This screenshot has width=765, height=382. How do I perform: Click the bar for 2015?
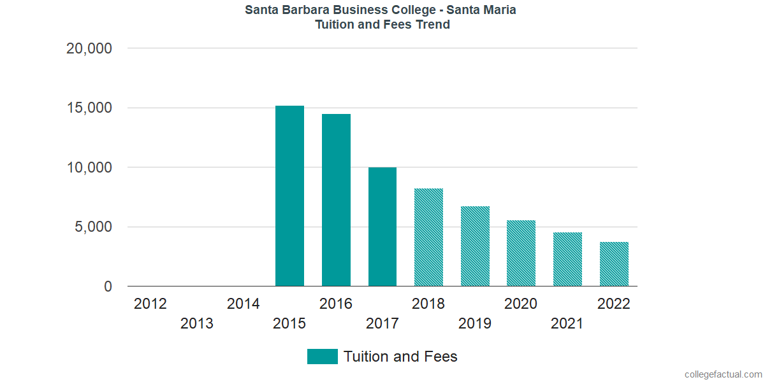pyautogui.click(x=289, y=196)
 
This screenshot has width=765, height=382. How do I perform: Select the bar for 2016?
pyautogui.click(x=336, y=200)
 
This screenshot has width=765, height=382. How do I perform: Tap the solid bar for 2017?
pyautogui.click(x=382, y=227)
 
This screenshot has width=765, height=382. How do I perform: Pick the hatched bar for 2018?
pyautogui.click(x=428, y=237)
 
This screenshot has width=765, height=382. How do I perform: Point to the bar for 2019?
pyautogui.click(x=475, y=246)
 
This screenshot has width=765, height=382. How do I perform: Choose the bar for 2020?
pyautogui.click(x=521, y=253)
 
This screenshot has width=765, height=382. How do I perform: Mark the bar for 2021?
pyautogui.click(x=567, y=259)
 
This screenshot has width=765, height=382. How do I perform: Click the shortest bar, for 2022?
pyautogui.click(x=614, y=264)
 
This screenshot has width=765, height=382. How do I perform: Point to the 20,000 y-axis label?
pyautogui.click(x=89, y=48)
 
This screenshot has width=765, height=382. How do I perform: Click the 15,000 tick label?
pyautogui.click(x=89, y=108)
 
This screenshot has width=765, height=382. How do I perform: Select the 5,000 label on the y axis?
pyautogui.click(x=93, y=227)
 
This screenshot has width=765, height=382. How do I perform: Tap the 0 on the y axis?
pyautogui.click(x=108, y=287)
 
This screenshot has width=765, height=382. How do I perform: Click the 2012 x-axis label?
pyautogui.click(x=150, y=304)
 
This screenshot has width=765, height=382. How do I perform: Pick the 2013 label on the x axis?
pyautogui.click(x=197, y=324)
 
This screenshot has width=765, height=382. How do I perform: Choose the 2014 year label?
pyautogui.click(x=244, y=304)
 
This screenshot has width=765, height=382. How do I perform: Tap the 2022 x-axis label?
pyautogui.click(x=614, y=304)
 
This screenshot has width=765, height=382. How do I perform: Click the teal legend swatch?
pyautogui.click(x=322, y=357)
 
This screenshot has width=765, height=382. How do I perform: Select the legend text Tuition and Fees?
pyautogui.click(x=400, y=357)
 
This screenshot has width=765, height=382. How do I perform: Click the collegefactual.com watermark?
pyautogui.click(x=723, y=374)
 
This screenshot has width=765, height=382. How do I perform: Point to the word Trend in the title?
pyautogui.click(x=432, y=25)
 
